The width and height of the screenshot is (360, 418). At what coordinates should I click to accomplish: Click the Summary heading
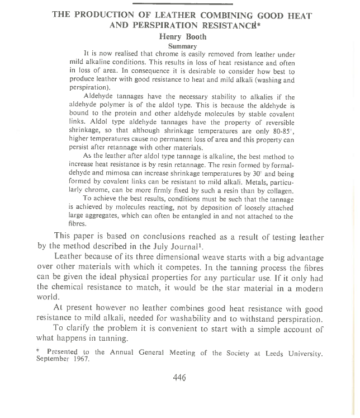pyautogui.click(x=182, y=46)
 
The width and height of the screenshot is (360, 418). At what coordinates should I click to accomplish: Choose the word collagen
pyautogui.click(x=278, y=191)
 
